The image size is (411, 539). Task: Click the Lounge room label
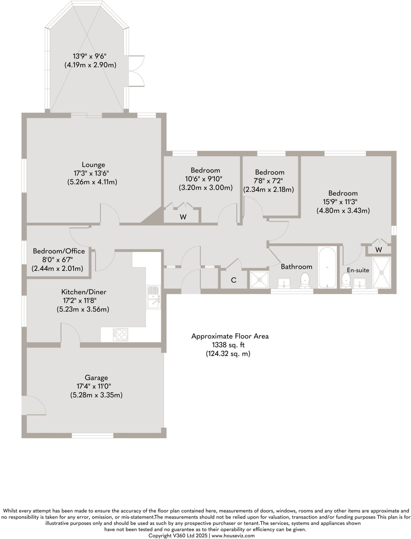click(93, 165)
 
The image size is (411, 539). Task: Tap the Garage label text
click(96, 378)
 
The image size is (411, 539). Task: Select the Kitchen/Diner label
click(84, 292)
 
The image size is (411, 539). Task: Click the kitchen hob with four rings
click(121, 334)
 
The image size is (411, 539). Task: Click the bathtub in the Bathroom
click(327, 267)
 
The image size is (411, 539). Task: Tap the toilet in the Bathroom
click(305, 280)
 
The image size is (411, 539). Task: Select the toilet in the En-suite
click(346, 281)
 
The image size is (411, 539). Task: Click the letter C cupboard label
click(234, 280)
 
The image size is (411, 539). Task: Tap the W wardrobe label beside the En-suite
click(378, 250)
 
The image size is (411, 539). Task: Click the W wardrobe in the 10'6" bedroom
click(183, 217)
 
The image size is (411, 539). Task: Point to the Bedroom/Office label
click(59, 251)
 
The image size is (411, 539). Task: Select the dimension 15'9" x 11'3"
click(340, 202)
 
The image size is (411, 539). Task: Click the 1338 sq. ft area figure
click(228, 345)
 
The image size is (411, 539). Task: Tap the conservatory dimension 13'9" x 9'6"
click(89, 56)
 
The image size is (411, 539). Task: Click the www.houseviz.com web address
click(233, 535)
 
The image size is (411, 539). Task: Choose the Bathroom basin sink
click(284, 283)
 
